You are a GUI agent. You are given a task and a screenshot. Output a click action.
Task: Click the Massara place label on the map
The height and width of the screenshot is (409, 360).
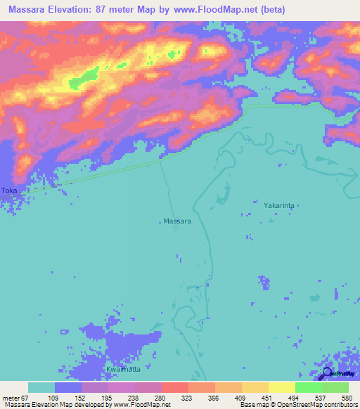[x=177, y=221]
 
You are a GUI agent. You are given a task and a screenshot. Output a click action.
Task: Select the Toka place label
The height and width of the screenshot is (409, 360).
[x=8, y=190]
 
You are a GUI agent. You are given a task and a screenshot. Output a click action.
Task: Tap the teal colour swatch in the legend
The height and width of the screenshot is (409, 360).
[x=41, y=387]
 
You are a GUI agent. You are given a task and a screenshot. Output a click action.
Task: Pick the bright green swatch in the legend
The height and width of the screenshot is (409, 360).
[x=308, y=387]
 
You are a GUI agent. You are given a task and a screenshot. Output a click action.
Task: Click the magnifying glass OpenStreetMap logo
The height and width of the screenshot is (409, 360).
[x=326, y=374]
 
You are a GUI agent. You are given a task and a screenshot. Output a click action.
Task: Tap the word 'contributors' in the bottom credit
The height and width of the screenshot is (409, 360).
[x=335, y=404]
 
